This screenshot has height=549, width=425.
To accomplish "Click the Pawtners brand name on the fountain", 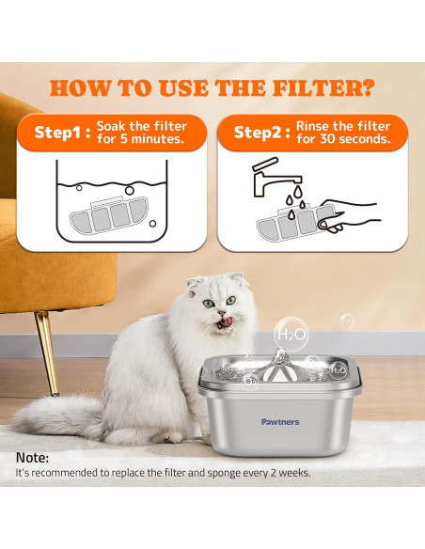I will tap(280, 422).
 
